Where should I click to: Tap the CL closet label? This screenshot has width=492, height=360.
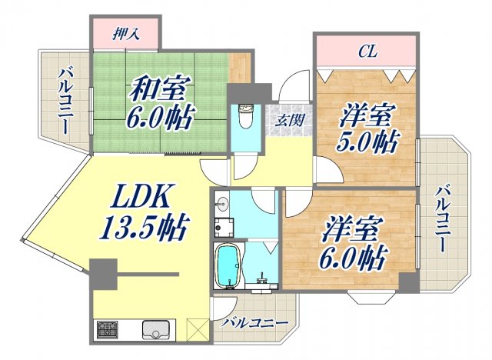(x=366, y=52)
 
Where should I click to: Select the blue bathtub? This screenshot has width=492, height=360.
(x=229, y=266)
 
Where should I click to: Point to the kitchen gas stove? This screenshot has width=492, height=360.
(x=107, y=330)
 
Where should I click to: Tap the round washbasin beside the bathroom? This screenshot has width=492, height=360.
(x=222, y=205)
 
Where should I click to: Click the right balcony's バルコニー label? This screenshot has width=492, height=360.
(x=441, y=219)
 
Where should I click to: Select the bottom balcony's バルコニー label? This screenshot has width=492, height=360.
(x=253, y=323)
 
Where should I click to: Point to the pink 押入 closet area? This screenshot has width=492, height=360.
(x=126, y=32)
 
